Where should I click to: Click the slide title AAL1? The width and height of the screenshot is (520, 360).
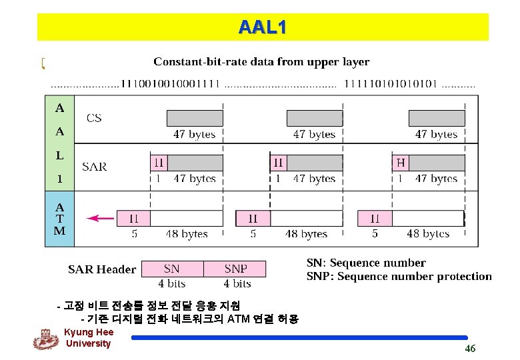(263, 27)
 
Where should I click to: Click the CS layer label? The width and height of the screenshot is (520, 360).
(94, 118)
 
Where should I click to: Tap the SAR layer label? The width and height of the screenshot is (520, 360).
(94, 166)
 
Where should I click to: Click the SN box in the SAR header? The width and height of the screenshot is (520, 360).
(172, 269)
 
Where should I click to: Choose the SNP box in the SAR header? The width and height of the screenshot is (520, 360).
(235, 269)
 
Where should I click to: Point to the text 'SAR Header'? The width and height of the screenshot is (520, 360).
(102, 269)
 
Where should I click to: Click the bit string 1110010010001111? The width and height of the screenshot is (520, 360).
(169, 85)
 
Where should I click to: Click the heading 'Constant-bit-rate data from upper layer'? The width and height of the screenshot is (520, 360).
(261, 62)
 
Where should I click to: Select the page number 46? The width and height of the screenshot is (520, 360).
(470, 349)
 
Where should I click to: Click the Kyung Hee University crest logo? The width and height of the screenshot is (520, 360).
(45, 339)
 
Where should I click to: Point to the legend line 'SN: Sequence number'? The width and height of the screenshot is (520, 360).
(365, 263)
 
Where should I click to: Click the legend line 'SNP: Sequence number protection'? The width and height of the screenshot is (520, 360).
(399, 276)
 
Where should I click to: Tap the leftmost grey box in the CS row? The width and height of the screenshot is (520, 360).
(195, 118)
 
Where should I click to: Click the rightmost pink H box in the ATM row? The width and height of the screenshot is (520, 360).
(375, 218)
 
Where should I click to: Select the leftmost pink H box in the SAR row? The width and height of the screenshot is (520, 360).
(159, 163)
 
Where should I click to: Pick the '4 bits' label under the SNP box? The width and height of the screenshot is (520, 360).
(237, 283)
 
